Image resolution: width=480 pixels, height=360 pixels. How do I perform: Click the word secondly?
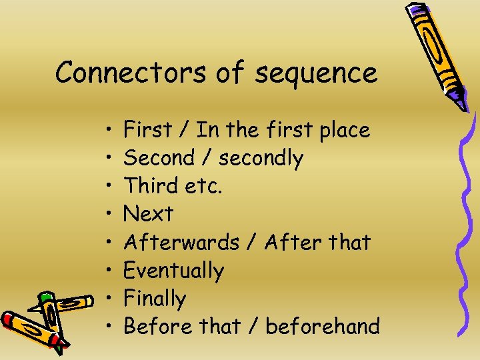click(261, 158)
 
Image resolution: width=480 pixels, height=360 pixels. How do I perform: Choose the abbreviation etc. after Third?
click(206, 186)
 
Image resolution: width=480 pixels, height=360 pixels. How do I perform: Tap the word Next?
click(148, 214)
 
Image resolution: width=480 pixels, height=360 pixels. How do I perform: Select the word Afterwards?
click(181, 242)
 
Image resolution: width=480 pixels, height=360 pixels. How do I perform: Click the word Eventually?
click(173, 271)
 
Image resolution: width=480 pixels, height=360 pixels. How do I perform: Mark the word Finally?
click(155, 299)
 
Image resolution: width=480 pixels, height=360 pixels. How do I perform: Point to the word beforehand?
click(323, 327)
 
